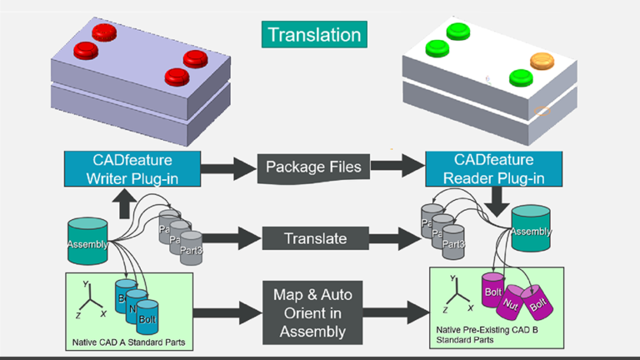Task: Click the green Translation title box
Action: (x=315, y=35)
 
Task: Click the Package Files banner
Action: (x=312, y=167)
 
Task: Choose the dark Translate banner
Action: (x=315, y=238)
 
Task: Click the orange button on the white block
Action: (x=542, y=61)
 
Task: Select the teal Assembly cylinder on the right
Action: (x=530, y=228)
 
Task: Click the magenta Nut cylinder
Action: (x=511, y=307)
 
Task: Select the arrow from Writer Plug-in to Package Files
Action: (x=225, y=167)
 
